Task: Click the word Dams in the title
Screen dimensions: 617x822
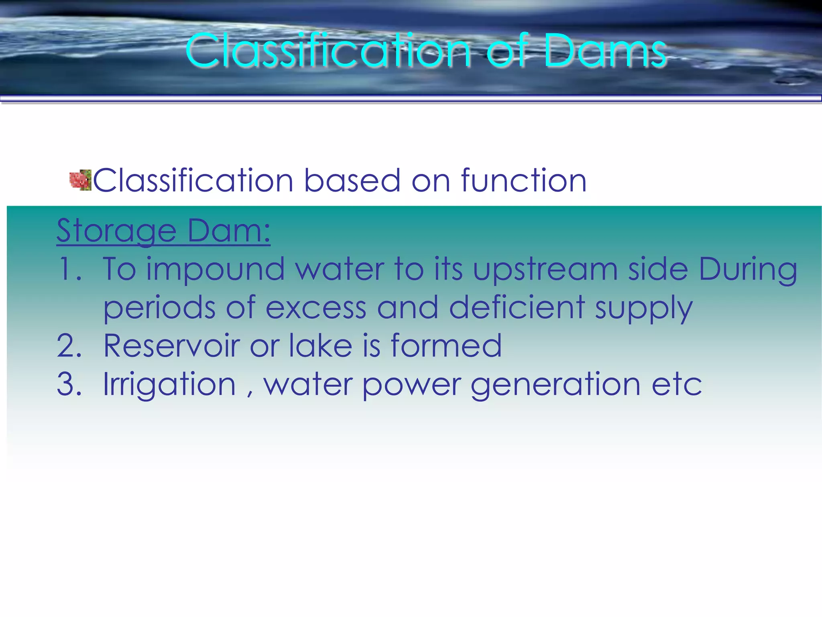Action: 605,51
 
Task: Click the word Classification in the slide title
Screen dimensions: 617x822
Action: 328,51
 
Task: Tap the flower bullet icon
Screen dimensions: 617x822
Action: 80,180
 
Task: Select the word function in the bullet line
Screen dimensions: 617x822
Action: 524,181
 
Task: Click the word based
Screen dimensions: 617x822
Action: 352,181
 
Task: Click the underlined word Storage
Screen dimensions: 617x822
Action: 116,231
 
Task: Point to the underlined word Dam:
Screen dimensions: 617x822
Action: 229,231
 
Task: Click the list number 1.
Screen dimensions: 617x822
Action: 69,269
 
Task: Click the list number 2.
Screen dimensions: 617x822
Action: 69,346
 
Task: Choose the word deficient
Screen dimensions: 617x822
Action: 517,307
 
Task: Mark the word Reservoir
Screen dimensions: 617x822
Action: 171,346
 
